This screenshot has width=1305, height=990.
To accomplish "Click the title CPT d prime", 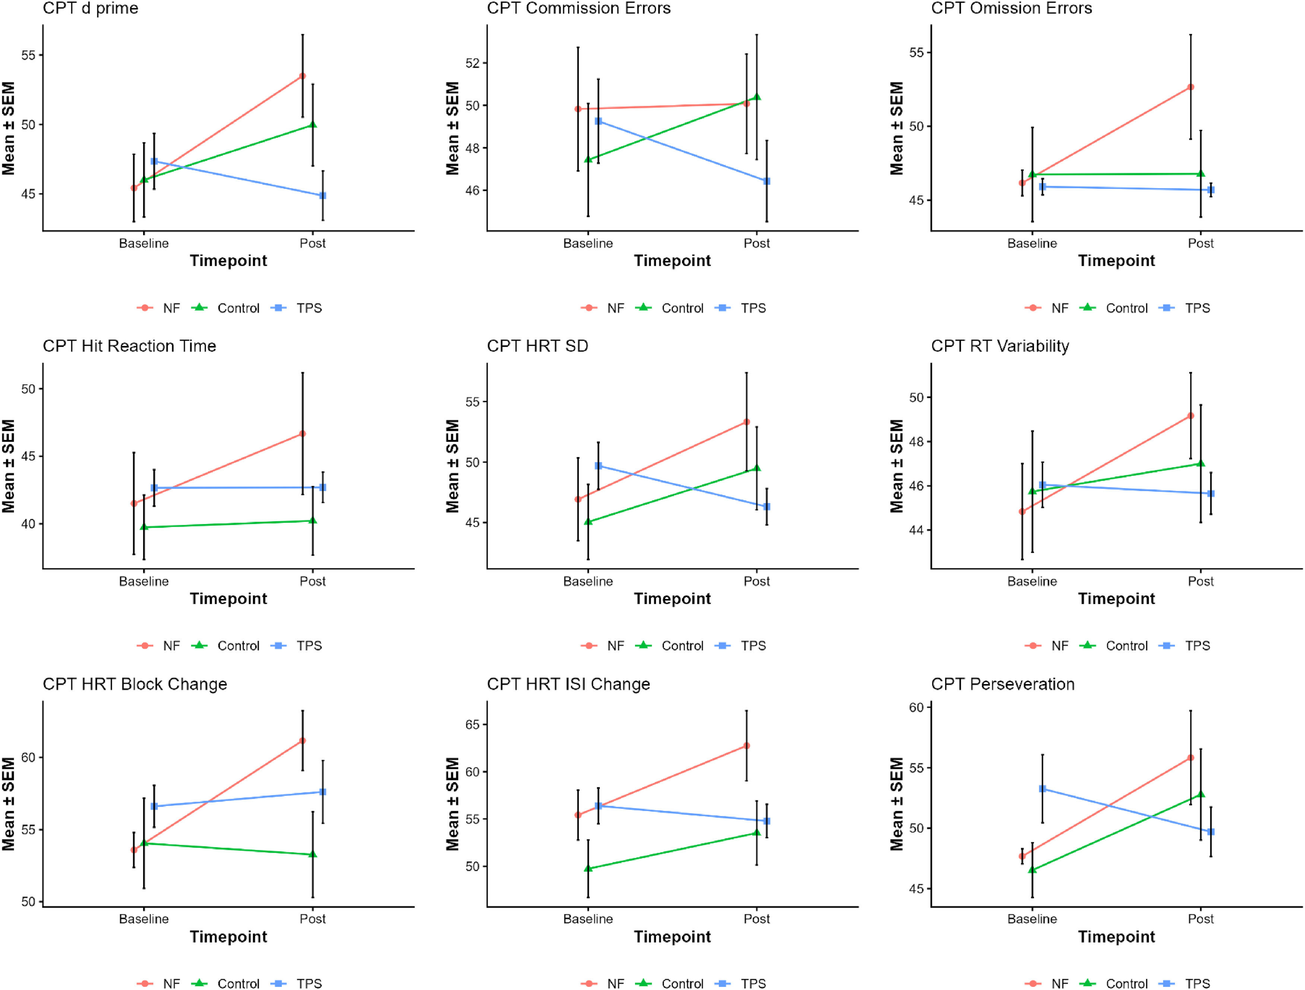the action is click(90, 8).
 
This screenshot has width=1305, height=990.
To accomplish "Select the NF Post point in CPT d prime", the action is click(303, 76).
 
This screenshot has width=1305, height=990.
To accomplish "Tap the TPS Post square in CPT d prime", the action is click(323, 195).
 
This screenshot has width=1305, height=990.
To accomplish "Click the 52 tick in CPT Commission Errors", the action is click(472, 63).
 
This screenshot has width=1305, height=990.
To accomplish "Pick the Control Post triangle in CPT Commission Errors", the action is click(757, 97).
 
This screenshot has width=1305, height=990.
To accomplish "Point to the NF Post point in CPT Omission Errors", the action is click(1191, 87).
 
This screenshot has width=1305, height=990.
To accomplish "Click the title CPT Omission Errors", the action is click(1011, 8).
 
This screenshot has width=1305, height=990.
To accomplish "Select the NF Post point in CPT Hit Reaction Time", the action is click(303, 433).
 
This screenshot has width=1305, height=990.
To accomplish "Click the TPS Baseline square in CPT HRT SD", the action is click(598, 466).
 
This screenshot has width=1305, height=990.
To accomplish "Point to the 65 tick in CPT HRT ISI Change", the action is click(472, 725).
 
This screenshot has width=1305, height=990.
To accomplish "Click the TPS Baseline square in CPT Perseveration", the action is click(1042, 789).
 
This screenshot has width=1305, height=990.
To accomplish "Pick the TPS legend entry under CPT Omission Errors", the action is click(1185, 308).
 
